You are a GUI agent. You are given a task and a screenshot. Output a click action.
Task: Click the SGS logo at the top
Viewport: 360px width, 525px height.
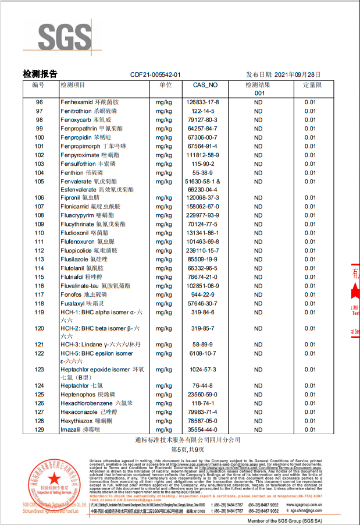coord(65,37)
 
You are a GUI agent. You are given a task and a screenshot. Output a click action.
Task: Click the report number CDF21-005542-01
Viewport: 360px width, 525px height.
coord(156,75)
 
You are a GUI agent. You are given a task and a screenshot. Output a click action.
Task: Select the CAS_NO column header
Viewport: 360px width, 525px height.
coord(205,85)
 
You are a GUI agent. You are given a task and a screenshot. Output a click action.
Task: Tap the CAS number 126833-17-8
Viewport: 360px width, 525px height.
coord(205,102)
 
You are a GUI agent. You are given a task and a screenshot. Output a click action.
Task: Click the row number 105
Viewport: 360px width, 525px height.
coord(39,182)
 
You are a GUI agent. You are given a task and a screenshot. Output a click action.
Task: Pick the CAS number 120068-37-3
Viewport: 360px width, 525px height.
coord(205,198)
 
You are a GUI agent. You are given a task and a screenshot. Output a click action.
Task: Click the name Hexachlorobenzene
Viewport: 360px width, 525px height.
coord(87,403)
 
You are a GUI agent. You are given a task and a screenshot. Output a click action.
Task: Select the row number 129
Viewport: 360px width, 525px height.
coord(39,429)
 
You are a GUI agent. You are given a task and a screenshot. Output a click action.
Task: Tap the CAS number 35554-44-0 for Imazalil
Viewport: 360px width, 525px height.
coord(205,429)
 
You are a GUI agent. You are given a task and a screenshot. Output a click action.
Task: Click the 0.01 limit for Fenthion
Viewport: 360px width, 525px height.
coord(311,173)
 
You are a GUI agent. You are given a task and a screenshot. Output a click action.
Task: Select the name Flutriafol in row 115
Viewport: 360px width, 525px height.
coord(74,277)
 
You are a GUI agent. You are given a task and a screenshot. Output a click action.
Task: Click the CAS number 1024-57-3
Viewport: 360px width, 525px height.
coord(205,370)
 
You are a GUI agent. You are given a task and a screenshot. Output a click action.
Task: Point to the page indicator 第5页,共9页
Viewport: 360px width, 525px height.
coord(180,450)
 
